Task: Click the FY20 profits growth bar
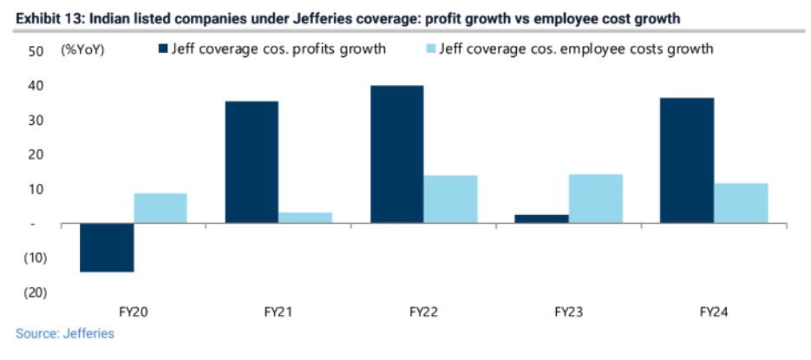pyautogui.click(x=107, y=247)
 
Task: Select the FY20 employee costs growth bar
pyautogui.click(x=160, y=208)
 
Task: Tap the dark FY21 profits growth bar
pyautogui.click(x=252, y=162)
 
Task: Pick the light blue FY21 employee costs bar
pyautogui.click(x=305, y=218)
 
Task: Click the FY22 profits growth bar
pyautogui.click(x=397, y=154)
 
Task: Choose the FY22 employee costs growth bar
pyautogui.click(x=450, y=200)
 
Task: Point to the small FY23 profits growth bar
pyautogui.click(x=542, y=219)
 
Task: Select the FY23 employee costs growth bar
pyautogui.click(x=596, y=199)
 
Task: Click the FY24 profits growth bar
pyautogui.click(x=688, y=160)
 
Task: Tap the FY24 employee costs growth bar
pyautogui.click(x=741, y=203)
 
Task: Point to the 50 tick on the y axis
pyautogui.click(x=36, y=51)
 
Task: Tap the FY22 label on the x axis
pyautogui.click(x=423, y=311)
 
